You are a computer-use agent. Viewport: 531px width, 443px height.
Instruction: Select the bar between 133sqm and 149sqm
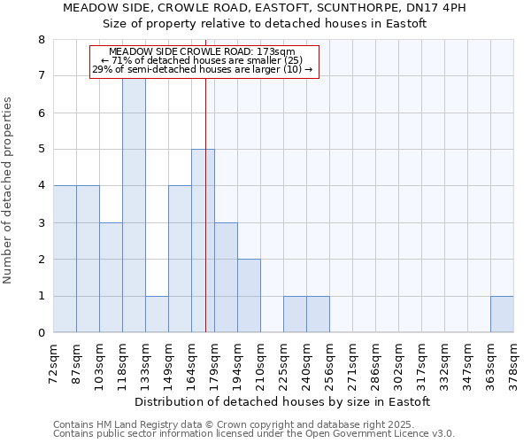(x=157, y=314)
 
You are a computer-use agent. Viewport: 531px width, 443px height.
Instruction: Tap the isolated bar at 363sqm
(x=502, y=314)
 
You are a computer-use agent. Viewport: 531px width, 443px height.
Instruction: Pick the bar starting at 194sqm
(x=249, y=296)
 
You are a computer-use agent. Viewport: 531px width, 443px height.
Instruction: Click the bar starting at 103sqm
(x=111, y=277)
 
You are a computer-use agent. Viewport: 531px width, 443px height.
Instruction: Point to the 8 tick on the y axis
(x=41, y=40)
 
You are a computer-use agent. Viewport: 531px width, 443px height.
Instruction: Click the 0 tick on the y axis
(x=41, y=333)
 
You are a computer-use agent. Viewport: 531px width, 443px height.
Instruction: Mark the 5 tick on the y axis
(x=41, y=150)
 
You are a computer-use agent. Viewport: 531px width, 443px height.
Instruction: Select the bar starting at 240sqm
(x=318, y=314)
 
